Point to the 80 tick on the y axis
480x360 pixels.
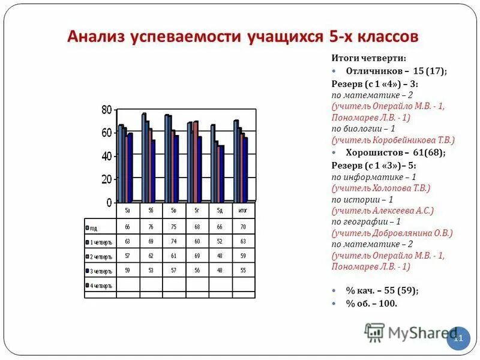[106, 110]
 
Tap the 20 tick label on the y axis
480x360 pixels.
[106, 179]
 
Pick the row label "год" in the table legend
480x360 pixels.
[94, 228]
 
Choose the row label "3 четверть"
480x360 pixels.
[101, 271]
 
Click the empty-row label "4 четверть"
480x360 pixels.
[101, 286]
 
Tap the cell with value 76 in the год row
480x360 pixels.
[151, 227]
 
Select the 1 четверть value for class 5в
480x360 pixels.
[173, 241]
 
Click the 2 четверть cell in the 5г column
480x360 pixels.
[197, 256]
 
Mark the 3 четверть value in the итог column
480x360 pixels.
[244, 271]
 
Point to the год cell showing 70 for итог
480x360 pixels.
[244, 227]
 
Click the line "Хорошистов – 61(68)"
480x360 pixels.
[395, 152]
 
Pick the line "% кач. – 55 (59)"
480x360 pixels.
[382, 290]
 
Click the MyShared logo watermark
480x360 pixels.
[414, 332]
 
